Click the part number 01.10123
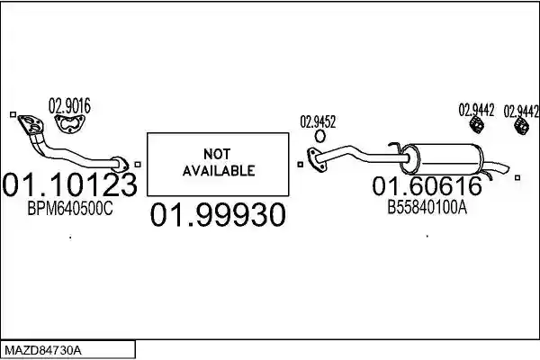tap(69, 184)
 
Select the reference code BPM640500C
tap(70, 208)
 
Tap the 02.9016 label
tap(69, 106)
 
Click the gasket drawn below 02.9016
tap(70, 124)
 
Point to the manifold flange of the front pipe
tap(31, 124)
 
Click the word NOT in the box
tap(217, 154)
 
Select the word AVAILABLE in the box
tap(219, 170)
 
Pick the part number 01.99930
tap(218, 214)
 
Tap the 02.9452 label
tap(318, 121)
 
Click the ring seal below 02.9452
tap(319, 136)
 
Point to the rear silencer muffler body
tap(442, 158)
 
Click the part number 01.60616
tap(427, 186)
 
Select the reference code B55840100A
tap(427, 207)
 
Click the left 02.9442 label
tap(476, 110)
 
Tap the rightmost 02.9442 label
tap(521, 112)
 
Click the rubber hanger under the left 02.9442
tap(477, 124)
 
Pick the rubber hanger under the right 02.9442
tap(521, 126)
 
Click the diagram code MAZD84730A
tap(43, 351)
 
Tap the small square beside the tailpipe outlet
tap(517, 177)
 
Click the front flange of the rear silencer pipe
tap(316, 158)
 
